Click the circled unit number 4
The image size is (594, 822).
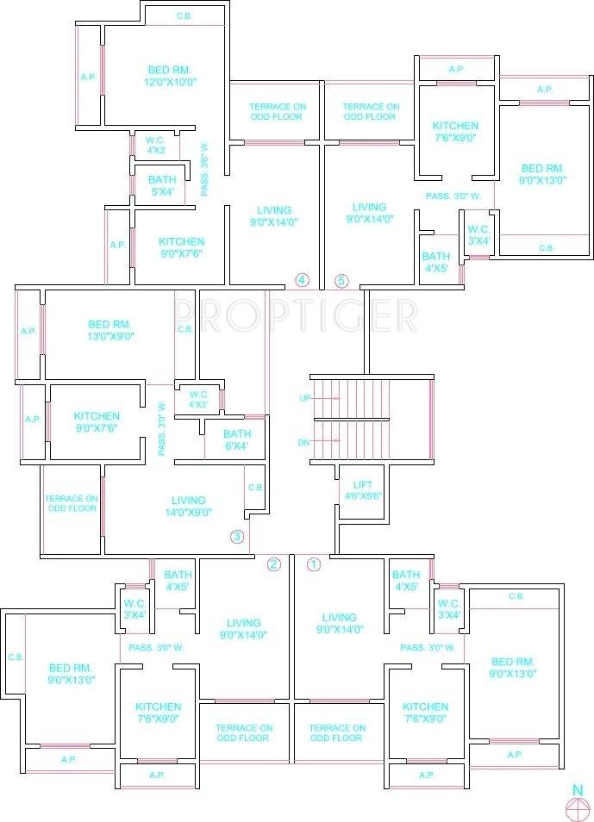[x=302, y=279]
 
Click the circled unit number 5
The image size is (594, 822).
[x=341, y=280]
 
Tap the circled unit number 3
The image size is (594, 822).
[x=237, y=537]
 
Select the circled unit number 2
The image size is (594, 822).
[x=274, y=564]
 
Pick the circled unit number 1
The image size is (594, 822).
[x=314, y=564]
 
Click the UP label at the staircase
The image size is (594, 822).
[x=303, y=398]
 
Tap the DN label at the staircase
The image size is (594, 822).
[x=303, y=442]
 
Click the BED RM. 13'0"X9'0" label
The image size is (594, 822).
[x=113, y=331]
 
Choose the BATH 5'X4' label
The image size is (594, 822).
[x=161, y=185]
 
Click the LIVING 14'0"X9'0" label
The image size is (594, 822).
[x=188, y=506]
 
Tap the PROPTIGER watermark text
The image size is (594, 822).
[x=297, y=315]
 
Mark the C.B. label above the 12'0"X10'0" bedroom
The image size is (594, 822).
[x=184, y=16]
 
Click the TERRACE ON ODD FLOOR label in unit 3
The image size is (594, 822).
[x=72, y=504]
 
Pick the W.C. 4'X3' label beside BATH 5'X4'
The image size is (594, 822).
[x=155, y=145]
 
